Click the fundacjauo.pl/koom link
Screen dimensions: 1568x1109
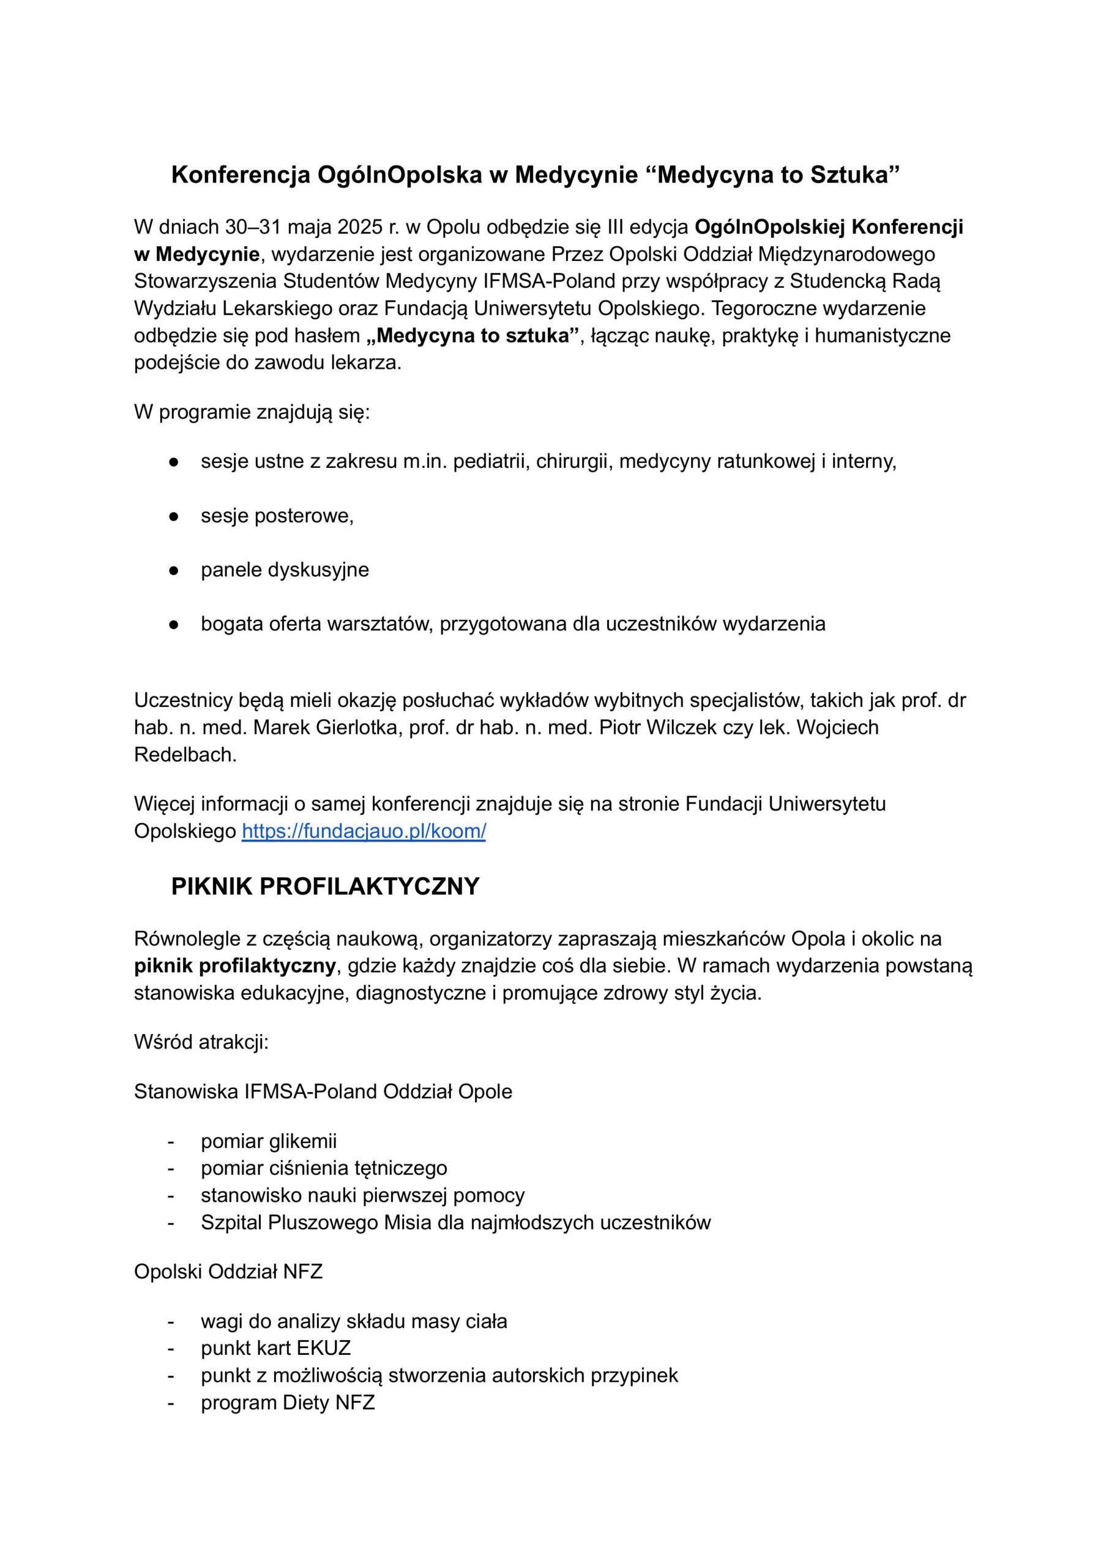(x=364, y=832)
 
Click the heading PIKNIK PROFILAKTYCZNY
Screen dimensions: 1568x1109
(x=325, y=887)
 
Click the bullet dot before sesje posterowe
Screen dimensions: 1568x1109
(x=174, y=516)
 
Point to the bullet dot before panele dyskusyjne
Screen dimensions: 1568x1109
(x=174, y=570)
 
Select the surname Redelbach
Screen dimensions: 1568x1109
(x=184, y=755)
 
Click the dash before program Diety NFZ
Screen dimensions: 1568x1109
(x=171, y=1403)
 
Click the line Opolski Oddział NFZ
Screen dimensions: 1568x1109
(x=228, y=1272)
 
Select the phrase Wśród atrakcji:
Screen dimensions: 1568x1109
(x=201, y=1042)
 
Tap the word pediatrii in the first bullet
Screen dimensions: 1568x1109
(x=491, y=462)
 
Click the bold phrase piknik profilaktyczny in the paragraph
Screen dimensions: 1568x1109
(x=235, y=966)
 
